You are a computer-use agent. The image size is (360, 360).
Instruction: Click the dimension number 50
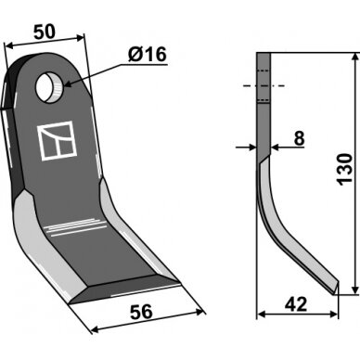pos(45,32)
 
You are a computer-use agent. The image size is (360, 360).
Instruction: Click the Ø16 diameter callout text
pos(148,55)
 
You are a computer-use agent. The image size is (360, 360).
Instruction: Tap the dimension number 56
pos(141,312)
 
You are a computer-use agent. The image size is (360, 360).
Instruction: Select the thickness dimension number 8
pos(299,138)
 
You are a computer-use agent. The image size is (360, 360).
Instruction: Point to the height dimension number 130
pos(345,169)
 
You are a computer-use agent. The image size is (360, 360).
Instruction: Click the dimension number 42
pos(296,304)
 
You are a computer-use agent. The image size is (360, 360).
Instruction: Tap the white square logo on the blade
pos(57,140)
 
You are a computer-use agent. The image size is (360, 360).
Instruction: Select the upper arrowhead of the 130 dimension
pos(355,58)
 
